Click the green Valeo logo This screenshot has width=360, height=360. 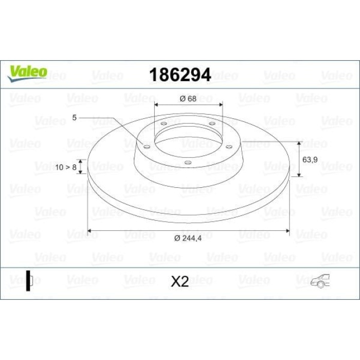pyautogui.click(x=27, y=74)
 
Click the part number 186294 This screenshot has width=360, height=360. pyautogui.click(x=180, y=75)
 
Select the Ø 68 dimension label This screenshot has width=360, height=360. pyautogui.click(x=188, y=99)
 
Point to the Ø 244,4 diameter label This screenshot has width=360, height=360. pyautogui.click(x=188, y=238)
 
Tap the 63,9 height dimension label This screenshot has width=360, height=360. pyautogui.click(x=310, y=159)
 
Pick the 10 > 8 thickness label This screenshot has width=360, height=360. pyautogui.click(x=66, y=167)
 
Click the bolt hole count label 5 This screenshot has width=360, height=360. pyautogui.click(x=74, y=118)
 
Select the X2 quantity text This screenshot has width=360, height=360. pyautogui.click(x=180, y=281)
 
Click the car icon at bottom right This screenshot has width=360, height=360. pyautogui.click(x=320, y=281)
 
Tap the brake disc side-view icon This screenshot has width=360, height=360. pyautogui.click(x=29, y=281)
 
